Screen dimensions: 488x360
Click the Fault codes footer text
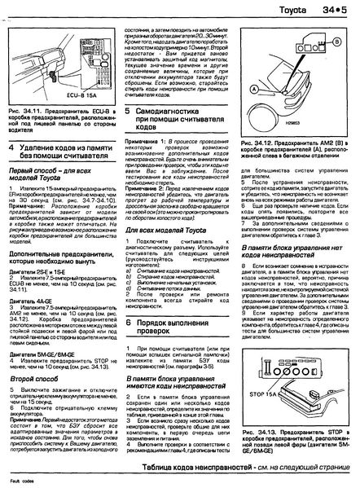click(x=17, y=483)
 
